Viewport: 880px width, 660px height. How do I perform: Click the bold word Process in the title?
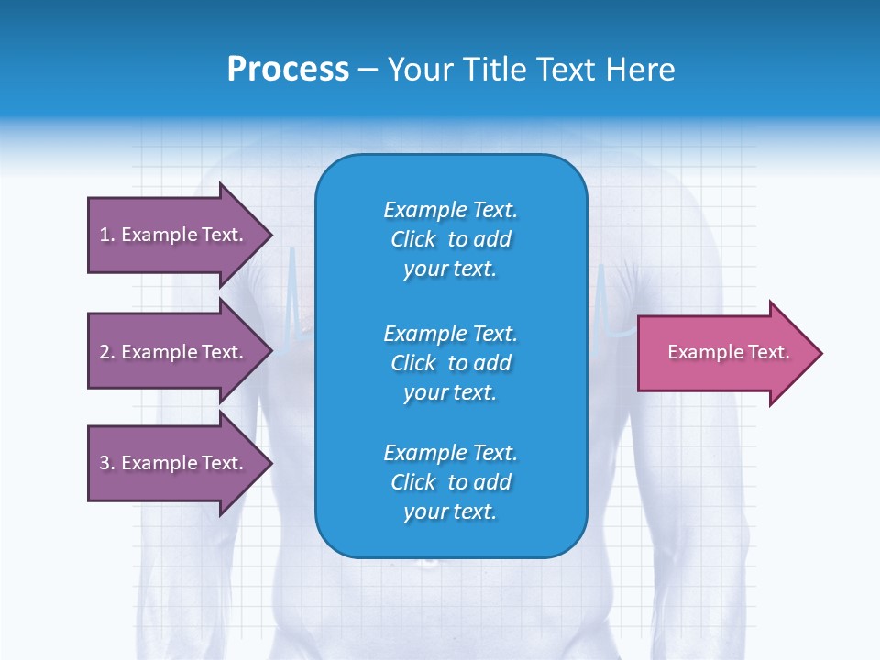(x=288, y=70)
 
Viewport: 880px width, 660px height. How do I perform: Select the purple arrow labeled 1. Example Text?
(x=174, y=235)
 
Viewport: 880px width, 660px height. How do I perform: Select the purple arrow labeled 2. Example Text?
(x=174, y=352)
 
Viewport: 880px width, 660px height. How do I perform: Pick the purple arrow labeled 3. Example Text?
(x=174, y=463)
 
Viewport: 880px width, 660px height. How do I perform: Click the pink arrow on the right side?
(x=724, y=353)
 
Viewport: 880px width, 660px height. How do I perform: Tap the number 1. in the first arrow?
(x=107, y=235)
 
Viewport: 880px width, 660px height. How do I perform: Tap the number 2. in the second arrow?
(x=107, y=352)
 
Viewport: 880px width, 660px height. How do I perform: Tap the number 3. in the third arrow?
(x=107, y=463)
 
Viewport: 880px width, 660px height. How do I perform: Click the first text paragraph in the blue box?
(x=450, y=239)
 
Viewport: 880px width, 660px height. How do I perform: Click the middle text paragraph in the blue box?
(x=450, y=363)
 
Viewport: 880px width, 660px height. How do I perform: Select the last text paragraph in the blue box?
(x=450, y=482)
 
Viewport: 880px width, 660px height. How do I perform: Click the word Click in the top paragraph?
(x=413, y=239)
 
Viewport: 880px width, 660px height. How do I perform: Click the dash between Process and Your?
(x=368, y=70)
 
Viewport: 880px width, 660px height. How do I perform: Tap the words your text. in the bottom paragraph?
(x=450, y=511)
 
